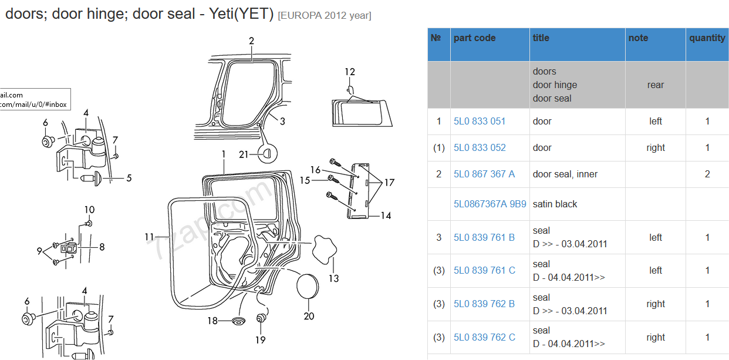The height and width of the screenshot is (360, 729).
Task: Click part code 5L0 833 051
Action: click(x=480, y=122)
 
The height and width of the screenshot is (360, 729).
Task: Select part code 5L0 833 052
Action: click(x=480, y=148)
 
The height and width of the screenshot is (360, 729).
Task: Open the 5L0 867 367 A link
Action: click(x=484, y=174)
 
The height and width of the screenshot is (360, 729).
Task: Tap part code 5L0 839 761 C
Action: click(x=484, y=271)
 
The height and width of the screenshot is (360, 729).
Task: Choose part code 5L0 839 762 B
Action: click(x=484, y=304)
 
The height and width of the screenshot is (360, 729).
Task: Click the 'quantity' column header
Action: click(x=707, y=38)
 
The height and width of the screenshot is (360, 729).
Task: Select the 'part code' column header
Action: click(x=474, y=38)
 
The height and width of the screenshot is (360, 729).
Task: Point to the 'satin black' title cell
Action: click(x=555, y=204)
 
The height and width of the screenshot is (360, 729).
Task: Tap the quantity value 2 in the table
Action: click(x=707, y=174)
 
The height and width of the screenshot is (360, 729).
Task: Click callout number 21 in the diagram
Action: click(x=244, y=154)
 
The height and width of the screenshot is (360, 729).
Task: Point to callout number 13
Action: click(x=333, y=278)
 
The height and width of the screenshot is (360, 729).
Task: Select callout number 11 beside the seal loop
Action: click(x=150, y=237)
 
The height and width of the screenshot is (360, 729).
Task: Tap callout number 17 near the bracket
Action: click(x=389, y=183)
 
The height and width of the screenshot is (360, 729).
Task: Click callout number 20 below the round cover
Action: click(x=309, y=316)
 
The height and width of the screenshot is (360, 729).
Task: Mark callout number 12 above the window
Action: click(x=350, y=72)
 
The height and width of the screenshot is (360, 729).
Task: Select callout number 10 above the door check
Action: click(x=89, y=210)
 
